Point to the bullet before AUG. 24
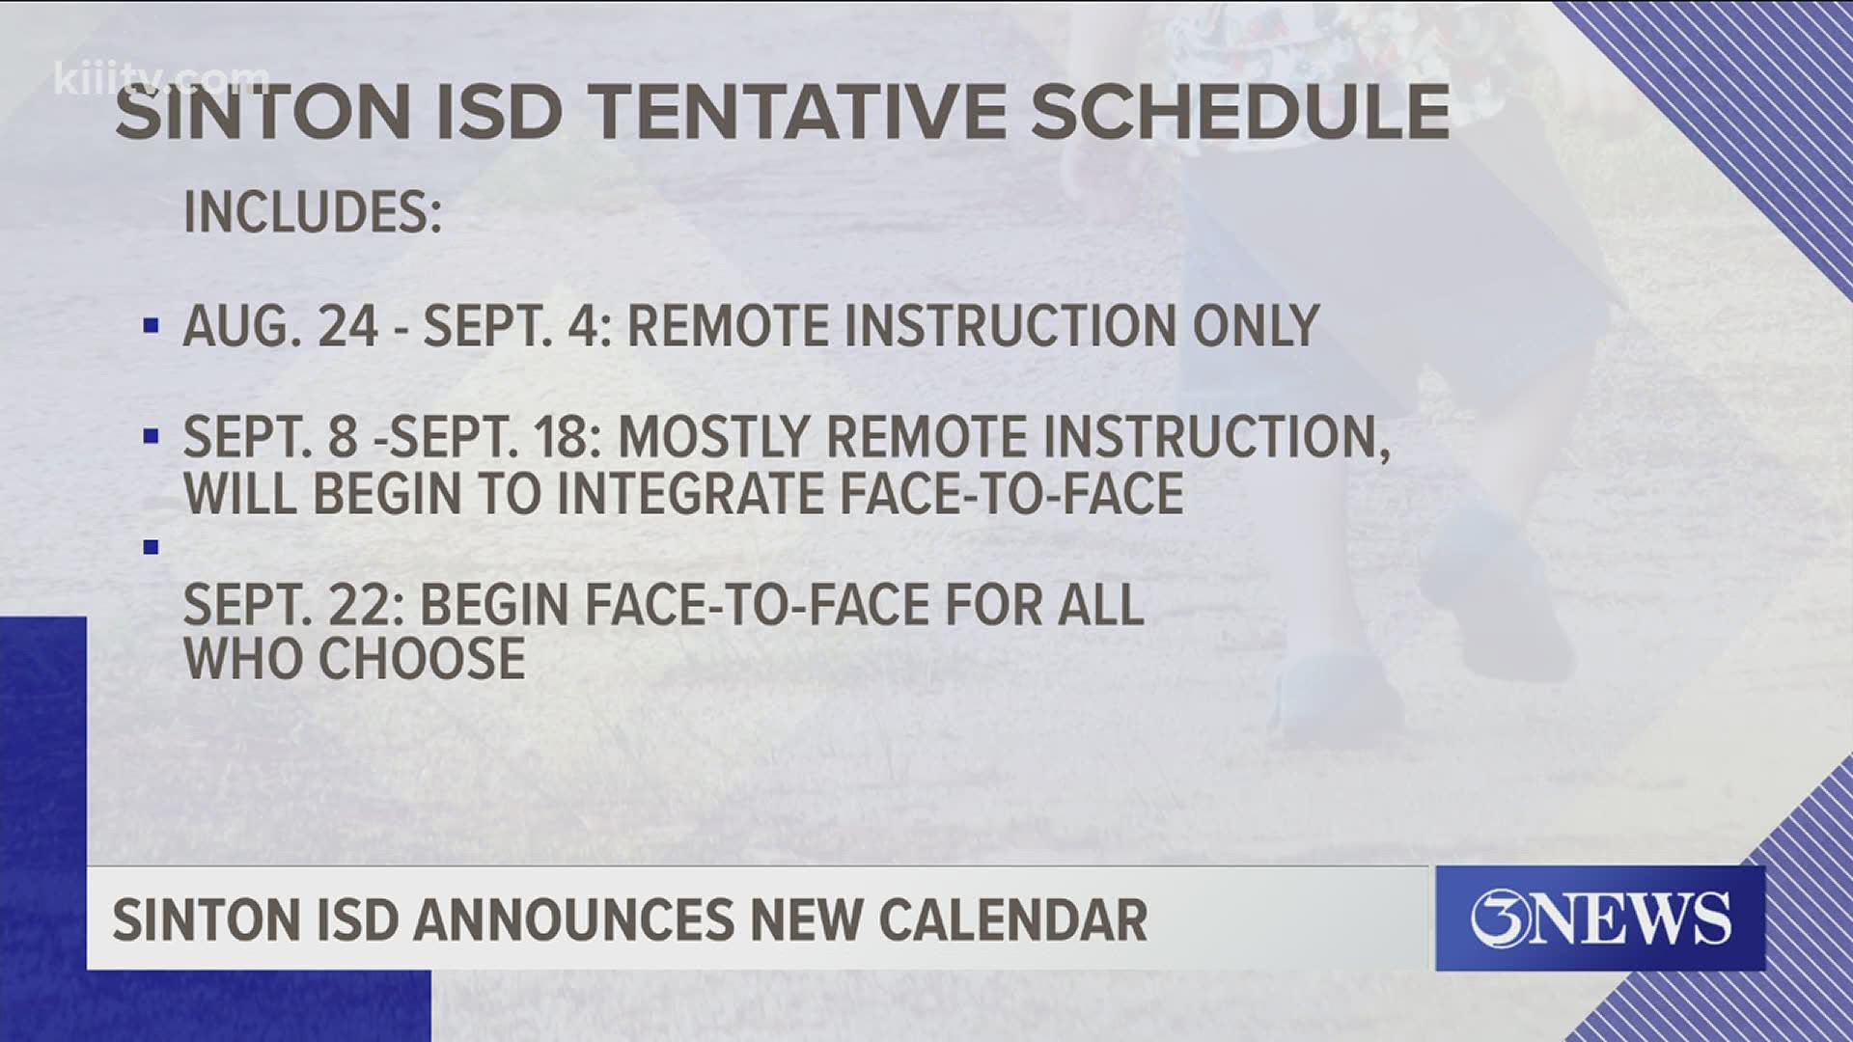pos(151,326)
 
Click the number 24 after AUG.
pos(348,326)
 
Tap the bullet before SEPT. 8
pos(151,437)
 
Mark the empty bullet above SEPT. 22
pos(151,547)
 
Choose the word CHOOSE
pos(422,660)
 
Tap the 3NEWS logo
pos(1599,918)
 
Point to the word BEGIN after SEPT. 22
pos(493,606)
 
